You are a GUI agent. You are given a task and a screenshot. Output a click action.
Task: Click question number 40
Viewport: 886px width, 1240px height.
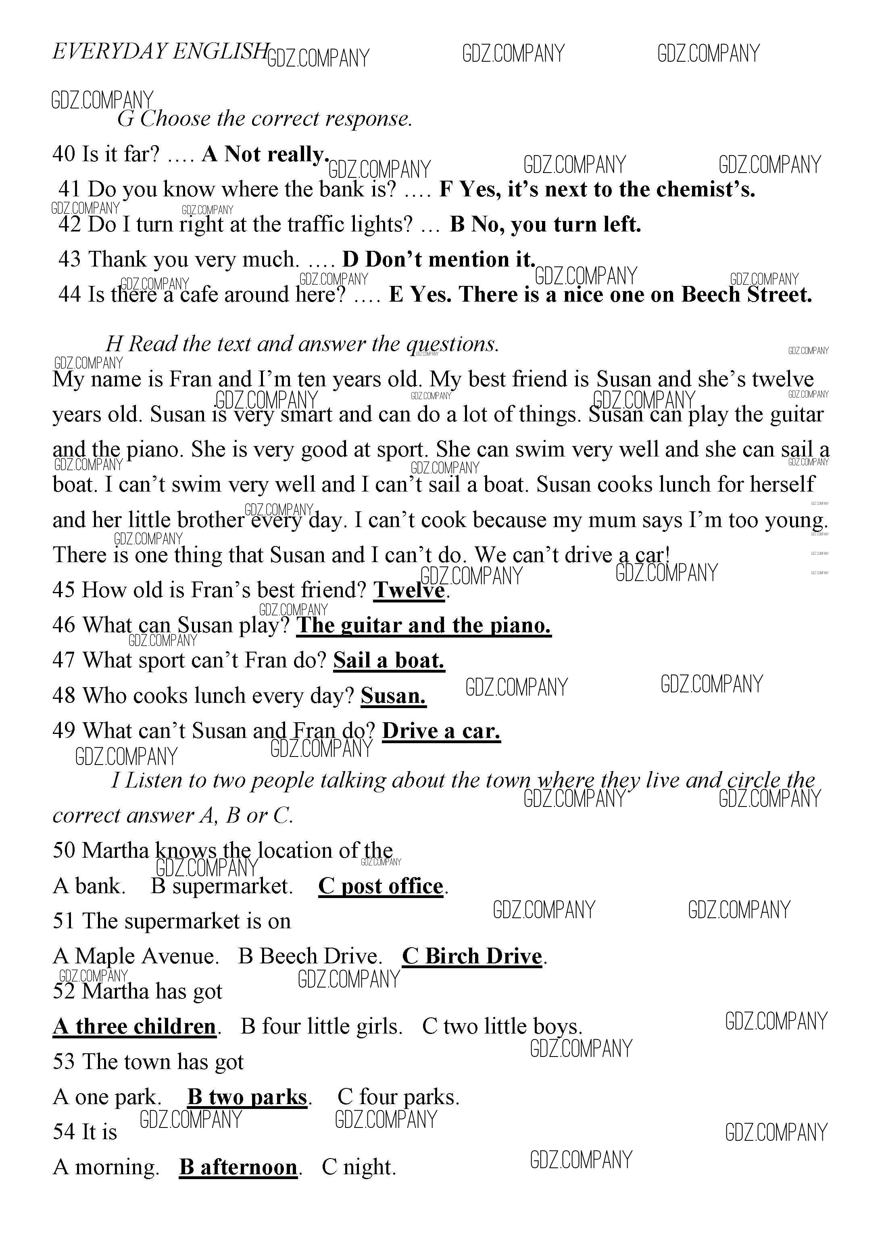[x=63, y=154]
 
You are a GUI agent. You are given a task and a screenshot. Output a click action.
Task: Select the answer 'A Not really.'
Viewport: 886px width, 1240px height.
[x=265, y=154]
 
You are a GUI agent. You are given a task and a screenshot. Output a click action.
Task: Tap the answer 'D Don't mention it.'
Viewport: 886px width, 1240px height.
[x=438, y=260]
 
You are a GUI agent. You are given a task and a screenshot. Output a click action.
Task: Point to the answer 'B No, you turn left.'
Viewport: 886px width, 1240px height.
[x=545, y=224]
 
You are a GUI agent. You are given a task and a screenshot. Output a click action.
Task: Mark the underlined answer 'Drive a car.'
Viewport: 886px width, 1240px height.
[x=441, y=731]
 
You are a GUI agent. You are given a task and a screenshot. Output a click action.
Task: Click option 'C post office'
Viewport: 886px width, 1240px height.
[x=381, y=886]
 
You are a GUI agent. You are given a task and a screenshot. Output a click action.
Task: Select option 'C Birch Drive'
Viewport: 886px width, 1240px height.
[x=473, y=957]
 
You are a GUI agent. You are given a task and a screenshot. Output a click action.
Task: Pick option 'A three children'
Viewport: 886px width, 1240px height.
[x=135, y=1027]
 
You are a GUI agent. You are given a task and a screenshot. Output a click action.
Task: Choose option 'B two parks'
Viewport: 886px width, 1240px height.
[x=247, y=1097]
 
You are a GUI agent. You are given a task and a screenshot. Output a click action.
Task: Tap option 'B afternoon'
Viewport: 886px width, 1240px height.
[x=238, y=1167]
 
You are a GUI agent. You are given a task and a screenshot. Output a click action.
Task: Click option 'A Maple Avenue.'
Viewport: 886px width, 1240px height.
[x=136, y=957]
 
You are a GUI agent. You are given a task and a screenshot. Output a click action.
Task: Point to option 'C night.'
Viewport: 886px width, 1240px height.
[x=359, y=1167]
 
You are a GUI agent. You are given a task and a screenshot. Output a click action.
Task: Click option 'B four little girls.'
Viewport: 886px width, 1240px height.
[x=321, y=1027]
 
